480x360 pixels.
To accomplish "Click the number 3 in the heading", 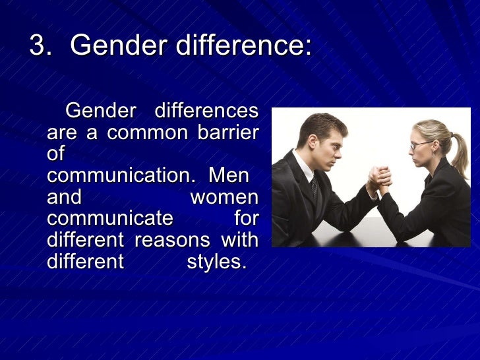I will [x=40, y=45].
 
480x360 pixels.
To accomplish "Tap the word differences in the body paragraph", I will [x=206, y=111].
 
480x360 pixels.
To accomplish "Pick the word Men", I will [x=229, y=176].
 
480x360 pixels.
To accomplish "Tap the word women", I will [x=224, y=197].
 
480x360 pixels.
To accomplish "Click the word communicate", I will [x=110, y=219].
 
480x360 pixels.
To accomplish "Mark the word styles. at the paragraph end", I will [x=216, y=262].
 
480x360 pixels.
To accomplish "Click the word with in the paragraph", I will [x=240, y=240].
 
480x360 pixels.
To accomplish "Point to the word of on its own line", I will [x=56, y=154].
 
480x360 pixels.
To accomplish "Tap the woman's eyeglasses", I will [x=419, y=144].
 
